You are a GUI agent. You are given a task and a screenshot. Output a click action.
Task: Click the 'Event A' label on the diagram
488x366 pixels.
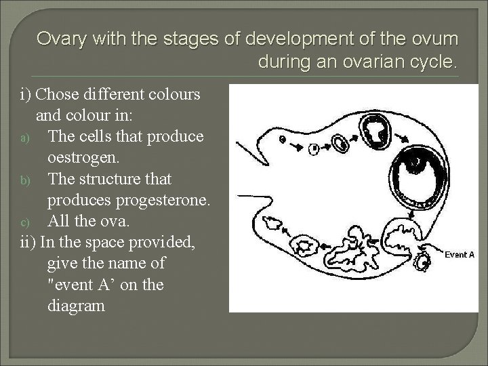(459, 255)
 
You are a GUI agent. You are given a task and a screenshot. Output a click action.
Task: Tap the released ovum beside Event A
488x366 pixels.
(425, 261)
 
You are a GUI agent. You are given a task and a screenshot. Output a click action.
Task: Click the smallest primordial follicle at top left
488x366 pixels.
(282, 140)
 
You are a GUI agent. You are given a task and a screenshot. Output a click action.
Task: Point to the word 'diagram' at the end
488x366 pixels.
(77, 305)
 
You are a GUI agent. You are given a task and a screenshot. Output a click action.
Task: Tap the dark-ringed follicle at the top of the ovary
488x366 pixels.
(374, 128)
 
